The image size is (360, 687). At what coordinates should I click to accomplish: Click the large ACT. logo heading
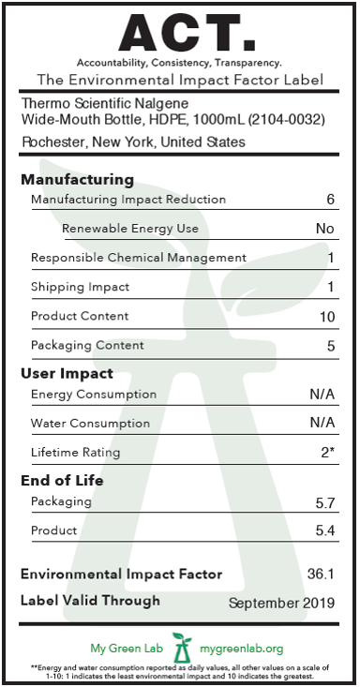coord(187,33)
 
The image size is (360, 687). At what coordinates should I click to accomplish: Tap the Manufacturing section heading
coord(77,180)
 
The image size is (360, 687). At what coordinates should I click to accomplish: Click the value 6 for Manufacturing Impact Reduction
coord(330,200)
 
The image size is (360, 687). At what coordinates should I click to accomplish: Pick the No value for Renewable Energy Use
coord(325,229)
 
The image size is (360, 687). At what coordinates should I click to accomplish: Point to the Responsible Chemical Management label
coord(139,258)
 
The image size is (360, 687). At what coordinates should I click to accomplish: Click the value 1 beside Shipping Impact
coord(331,287)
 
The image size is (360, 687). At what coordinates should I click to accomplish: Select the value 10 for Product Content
coord(327,317)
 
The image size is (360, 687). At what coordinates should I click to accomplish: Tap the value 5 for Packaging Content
coord(331,346)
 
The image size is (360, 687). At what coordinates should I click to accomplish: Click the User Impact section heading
coord(67,374)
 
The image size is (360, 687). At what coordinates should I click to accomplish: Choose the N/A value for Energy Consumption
coord(322,395)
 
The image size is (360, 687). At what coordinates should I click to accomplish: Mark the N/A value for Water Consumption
coord(322,423)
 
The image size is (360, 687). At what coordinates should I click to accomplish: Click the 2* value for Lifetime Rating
coord(328,452)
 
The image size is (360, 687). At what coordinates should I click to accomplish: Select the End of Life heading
coord(62,481)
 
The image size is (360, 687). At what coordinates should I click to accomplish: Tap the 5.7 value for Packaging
coord(325,503)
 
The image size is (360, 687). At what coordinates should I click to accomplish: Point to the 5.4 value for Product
coord(325,530)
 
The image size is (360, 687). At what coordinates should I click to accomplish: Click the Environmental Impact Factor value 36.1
coord(321,574)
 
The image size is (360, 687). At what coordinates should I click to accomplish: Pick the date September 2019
coord(281,604)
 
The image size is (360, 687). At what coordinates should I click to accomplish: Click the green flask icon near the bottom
coord(182,648)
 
